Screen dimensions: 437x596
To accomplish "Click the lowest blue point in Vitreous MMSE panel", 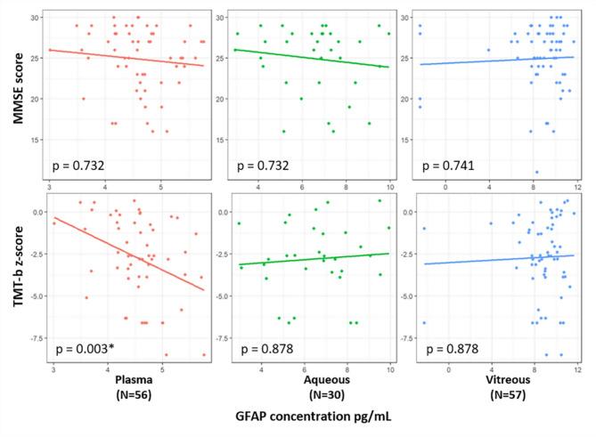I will (536, 172).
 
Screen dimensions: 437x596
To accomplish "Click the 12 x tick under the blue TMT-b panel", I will (576, 367).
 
